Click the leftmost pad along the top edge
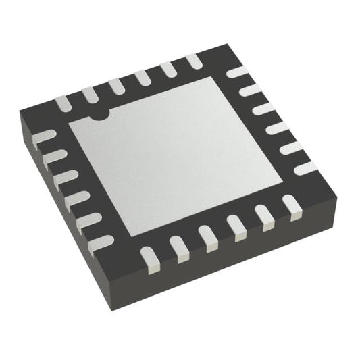coord(63,103)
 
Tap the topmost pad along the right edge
coord(236,72)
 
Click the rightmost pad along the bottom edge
coord(291,205)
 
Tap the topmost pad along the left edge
coord(43,136)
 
